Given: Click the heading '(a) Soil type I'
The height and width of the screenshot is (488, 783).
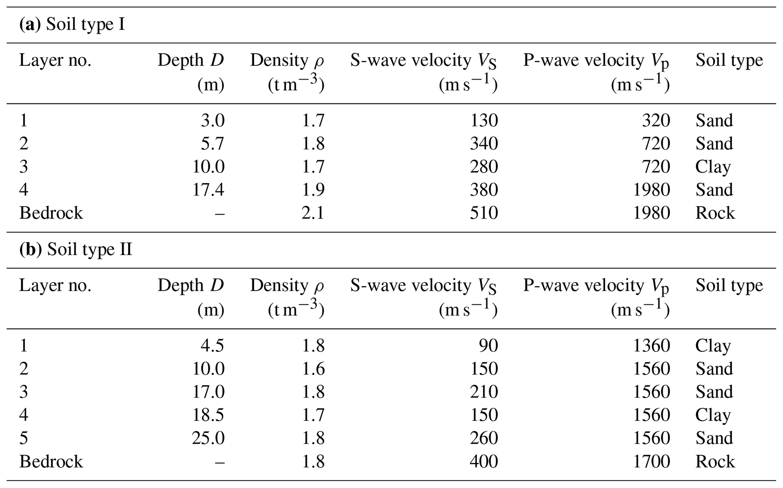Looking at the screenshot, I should tap(72, 25).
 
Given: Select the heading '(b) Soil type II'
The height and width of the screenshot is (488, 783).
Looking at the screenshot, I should tap(76, 250).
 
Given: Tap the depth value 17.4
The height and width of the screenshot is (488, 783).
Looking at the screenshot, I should tap(208, 190).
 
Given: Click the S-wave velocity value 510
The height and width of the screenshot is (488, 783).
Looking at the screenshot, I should tap(484, 213).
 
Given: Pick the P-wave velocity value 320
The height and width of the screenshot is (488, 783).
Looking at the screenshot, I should tap(656, 120).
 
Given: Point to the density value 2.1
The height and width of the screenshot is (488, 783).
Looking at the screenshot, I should tap(313, 213).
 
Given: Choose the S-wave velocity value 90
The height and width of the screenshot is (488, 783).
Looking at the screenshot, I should tap(488, 346).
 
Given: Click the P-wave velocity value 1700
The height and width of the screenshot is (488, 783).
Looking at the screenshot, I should tap(651, 461).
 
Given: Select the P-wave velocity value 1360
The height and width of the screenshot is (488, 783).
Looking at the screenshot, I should tap(651, 346).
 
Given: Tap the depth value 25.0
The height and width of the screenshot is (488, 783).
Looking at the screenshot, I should tap(208, 438).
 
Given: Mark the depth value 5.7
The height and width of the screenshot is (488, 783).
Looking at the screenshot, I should tap(213, 143).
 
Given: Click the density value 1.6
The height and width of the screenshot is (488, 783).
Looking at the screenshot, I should tap(313, 369).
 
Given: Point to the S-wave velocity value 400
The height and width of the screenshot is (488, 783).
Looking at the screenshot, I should tap(484, 461).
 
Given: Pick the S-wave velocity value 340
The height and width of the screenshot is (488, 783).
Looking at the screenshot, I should tap(484, 143).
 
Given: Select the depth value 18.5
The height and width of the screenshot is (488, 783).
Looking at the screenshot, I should tap(208, 415).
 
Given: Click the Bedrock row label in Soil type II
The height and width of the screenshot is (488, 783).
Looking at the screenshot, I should tap(51, 461).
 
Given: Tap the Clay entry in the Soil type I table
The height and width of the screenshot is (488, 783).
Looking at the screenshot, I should tap(713, 167).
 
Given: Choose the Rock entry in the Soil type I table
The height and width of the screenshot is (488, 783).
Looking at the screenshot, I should tap(715, 213).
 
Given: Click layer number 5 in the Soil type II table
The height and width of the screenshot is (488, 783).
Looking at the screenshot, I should tap(23, 438).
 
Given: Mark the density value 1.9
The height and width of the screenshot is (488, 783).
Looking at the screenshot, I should tap(313, 190).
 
